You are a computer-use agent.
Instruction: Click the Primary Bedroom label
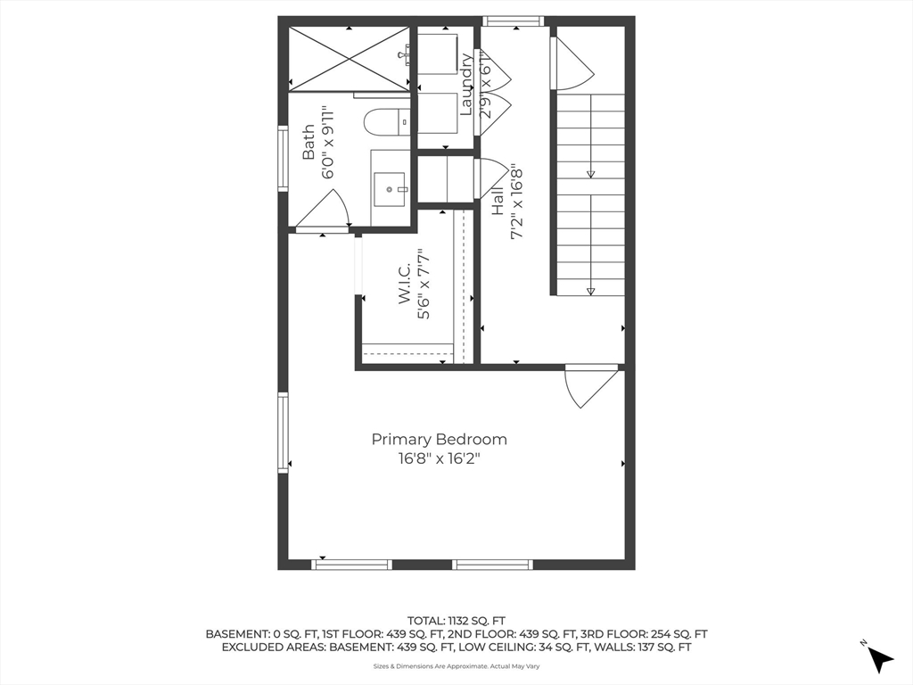(439, 439)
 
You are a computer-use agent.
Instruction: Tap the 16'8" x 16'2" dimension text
(439, 459)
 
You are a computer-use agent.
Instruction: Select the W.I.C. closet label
(405, 283)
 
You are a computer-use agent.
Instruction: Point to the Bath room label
(308, 142)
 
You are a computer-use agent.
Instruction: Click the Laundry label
(466, 85)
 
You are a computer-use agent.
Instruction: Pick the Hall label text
(498, 201)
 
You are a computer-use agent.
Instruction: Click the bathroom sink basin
(391, 189)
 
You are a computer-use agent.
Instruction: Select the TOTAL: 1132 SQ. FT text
(456, 621)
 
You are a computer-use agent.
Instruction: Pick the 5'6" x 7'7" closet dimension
(424, 285)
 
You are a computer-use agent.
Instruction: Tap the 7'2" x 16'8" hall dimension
(516, 203)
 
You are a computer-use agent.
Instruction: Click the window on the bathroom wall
(283, 159)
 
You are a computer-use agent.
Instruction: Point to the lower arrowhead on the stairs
(591, 292)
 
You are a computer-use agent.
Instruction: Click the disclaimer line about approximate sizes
(456, 666)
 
